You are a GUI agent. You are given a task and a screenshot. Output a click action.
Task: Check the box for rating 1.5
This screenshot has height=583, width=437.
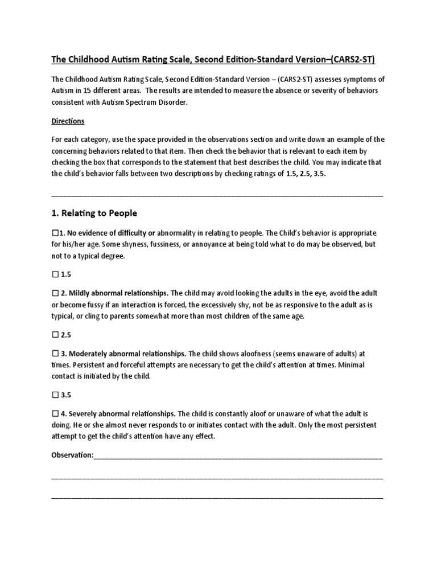point(55,274)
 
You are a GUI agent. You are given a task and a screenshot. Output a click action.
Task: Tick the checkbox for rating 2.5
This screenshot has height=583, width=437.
point(55,335)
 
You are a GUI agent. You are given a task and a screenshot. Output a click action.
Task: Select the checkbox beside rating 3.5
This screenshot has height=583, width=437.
point(55,395)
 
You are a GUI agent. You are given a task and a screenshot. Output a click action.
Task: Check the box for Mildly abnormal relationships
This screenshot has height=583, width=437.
point(55,293)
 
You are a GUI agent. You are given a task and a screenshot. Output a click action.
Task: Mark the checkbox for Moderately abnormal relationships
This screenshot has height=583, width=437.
point(55,354)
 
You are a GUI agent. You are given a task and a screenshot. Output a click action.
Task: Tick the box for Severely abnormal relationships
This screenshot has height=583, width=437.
point(55,413)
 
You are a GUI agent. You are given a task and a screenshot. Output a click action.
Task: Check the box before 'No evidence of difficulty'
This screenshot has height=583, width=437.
point(55,233)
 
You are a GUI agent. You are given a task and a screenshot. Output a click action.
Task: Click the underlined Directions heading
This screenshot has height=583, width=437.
point(68,121)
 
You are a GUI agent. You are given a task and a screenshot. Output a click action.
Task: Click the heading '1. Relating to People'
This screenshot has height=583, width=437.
point(94,214)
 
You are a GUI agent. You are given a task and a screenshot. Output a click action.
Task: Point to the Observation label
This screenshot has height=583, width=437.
point(71,455)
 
